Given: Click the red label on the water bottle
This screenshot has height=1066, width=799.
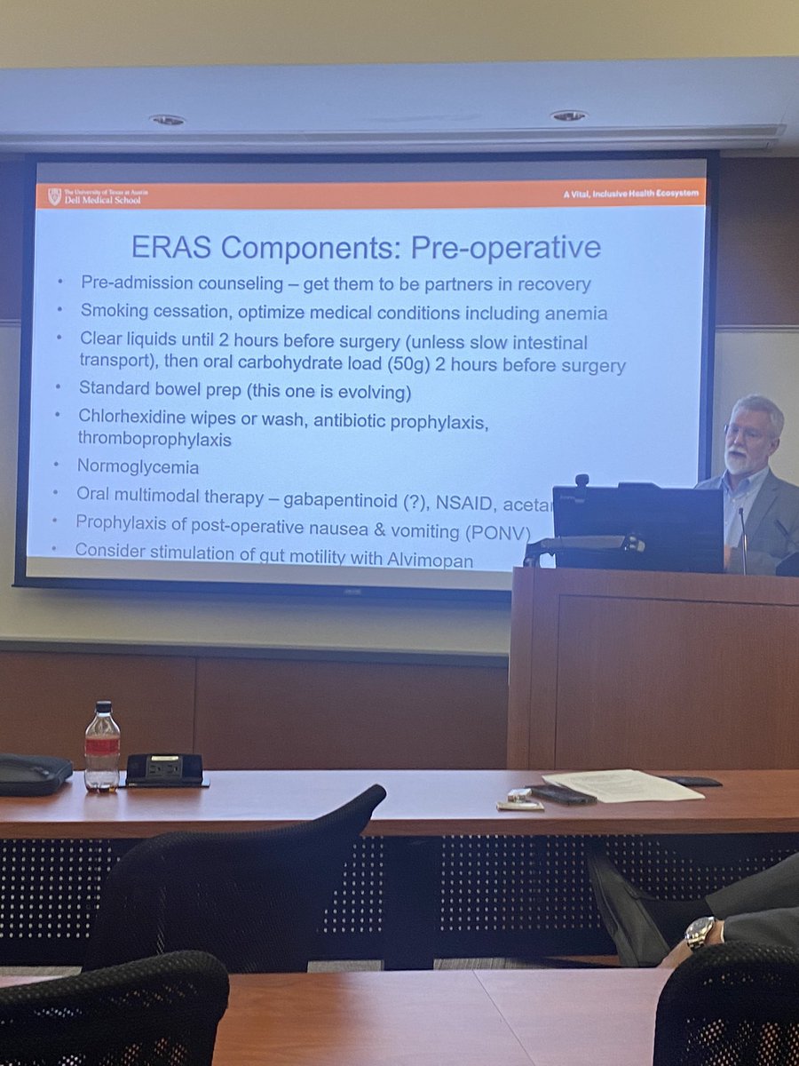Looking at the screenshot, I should [x=101, y=746].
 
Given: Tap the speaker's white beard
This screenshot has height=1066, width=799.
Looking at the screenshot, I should [x=737, y=461].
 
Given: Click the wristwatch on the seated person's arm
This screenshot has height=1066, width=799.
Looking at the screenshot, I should [x=700, y=932].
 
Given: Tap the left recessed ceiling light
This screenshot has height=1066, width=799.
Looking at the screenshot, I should [x=166, y=119].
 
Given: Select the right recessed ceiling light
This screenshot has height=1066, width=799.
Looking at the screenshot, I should [x=567, y=115].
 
